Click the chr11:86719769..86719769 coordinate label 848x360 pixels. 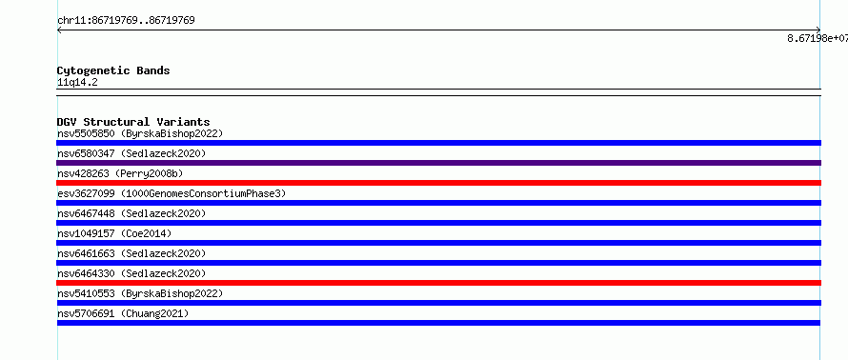pos(126,21)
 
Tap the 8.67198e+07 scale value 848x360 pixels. pos(818,38)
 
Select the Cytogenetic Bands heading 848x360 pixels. pos(113,70)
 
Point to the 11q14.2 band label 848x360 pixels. pos(77,83)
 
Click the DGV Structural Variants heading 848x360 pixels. pos(133,122)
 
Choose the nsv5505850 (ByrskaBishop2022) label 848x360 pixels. pos(140,133)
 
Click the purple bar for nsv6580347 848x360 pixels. pos(439,163)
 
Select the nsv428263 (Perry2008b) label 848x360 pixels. pos(120,173)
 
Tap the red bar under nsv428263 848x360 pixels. pos(439,183)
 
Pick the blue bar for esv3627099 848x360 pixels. pos(439,203)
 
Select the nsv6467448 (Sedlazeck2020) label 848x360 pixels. pos(131,213)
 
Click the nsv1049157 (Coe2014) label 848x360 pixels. pos(114,233)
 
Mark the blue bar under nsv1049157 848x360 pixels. pos(439,243)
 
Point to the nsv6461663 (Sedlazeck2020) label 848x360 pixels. pos(131,253)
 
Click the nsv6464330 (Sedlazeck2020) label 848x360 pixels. pos(131,273)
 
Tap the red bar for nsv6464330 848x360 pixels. pos(439,283)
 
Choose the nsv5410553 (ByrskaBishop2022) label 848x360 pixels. pos(140,293)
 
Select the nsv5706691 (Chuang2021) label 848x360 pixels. pos(123,313)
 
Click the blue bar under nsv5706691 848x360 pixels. pos(438,323)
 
